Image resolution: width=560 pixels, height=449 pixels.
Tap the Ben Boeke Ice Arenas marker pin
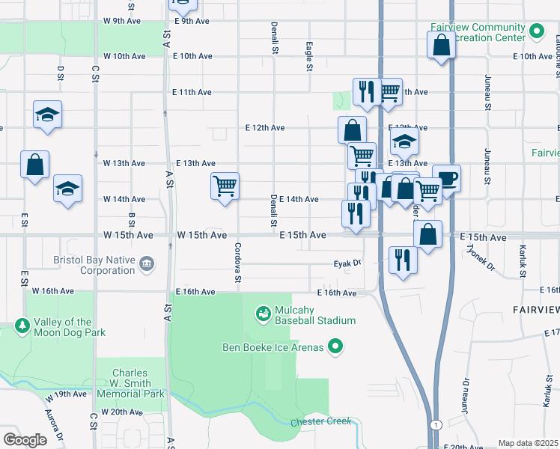336,346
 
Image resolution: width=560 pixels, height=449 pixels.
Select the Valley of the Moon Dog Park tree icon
22,326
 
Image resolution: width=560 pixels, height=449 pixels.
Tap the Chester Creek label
320,421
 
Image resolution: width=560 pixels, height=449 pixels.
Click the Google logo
25,440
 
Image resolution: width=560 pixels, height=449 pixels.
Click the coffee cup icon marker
448,178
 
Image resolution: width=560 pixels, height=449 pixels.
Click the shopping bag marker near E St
34,165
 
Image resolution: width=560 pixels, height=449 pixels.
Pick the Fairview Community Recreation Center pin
536,31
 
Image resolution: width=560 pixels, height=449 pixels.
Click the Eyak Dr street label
347,263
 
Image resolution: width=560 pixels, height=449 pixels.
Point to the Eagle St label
308,57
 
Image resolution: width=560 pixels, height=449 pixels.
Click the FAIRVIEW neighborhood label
535,309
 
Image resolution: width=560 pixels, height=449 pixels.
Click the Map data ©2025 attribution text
527,443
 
